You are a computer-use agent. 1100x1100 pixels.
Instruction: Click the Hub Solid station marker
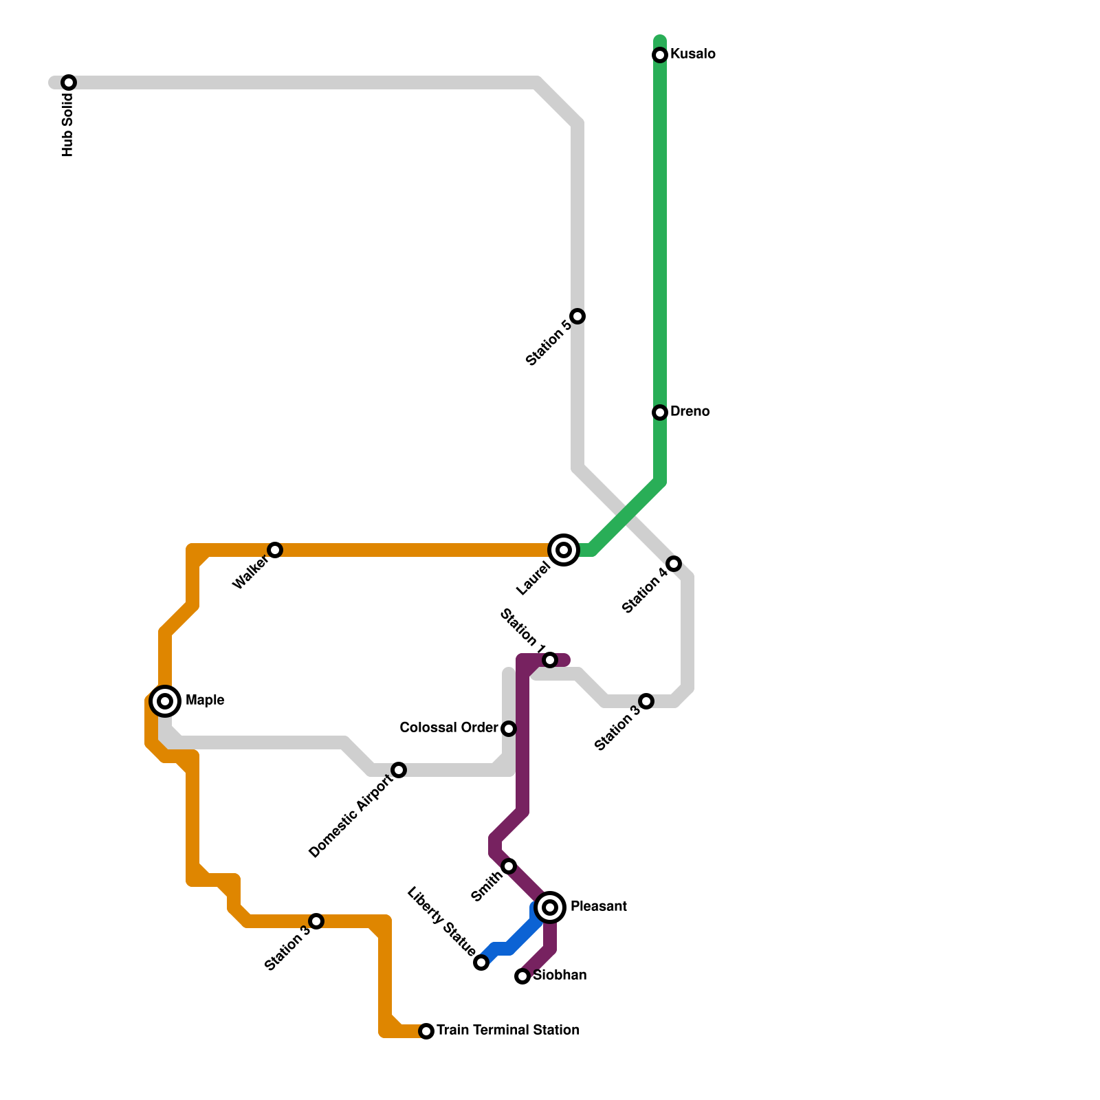tap(69, 82)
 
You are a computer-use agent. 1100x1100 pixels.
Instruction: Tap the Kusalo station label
tap(692, 54)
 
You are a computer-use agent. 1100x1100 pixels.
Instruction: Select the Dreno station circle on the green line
tap(660, 412)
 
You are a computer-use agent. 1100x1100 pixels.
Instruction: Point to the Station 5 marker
tap(577, 316)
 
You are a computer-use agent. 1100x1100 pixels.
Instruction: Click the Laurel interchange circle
tap(564, 550)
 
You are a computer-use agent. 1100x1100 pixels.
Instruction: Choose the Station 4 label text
tap(644, 591)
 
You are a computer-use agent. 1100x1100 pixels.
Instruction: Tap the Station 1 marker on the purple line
tap(550, 660)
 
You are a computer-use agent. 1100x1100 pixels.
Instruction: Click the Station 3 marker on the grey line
tap(646, 701)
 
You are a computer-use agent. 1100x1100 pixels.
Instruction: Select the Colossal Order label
tap(449, 727)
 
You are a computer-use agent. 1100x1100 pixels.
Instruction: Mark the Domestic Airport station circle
tap(399, 770)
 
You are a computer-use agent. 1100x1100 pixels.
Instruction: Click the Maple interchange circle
tap(165, 701)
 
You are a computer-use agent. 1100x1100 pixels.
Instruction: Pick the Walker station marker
tap(275, 550)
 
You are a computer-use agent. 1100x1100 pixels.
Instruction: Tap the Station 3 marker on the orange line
tap(316, 921)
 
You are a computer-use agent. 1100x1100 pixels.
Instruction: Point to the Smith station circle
tap(509, 866)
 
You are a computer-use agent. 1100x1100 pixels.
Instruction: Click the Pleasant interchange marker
tap(550, 907)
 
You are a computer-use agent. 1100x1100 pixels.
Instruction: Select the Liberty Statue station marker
tap(481, 962)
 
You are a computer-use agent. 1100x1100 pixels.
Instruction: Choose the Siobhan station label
tap(560, 976)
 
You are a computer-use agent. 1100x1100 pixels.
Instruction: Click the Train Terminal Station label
tap(507, 1031)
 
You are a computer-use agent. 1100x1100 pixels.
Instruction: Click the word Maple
tap(205, 701)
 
